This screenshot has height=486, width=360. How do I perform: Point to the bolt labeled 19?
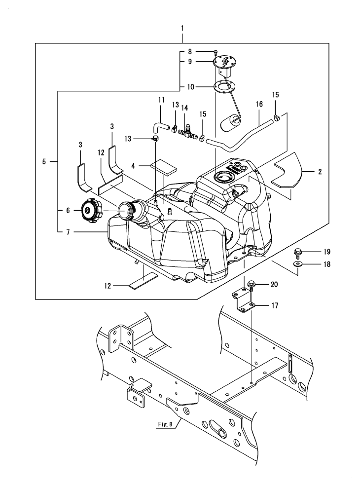click(x=298, y=253)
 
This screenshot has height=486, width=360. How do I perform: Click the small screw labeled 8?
click(x=216, y=52)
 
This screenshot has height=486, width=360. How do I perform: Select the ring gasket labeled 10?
click(x=224, y=87)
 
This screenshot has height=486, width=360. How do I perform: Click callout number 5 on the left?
click(x=44, y=161)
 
